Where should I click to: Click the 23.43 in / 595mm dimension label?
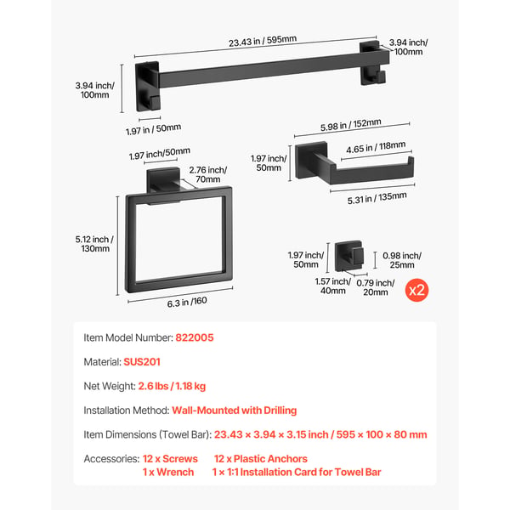point(263,41)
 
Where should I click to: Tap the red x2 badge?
point(416,290)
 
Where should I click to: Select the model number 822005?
point(195,337)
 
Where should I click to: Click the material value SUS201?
point(142,362)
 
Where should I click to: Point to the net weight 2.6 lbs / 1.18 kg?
point(172,386)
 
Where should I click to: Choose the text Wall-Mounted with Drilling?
point(235,411)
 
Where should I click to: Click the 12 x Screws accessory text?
point(170,459)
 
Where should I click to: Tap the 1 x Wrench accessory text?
point(168,473)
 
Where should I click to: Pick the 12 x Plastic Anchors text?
point(261,459)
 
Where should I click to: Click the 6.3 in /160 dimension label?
point(187,302)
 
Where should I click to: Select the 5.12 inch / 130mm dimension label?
point(94,244)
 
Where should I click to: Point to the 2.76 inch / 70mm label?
point(208,174)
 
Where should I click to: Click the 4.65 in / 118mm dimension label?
point(376,147)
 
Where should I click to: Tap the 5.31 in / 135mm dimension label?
point(377,198)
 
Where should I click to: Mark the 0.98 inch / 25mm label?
point(402,260)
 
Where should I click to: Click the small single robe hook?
point(349,256)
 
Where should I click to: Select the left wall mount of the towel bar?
point(148,86)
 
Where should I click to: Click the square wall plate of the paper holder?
point(311,161)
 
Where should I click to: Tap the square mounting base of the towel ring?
point(163,180)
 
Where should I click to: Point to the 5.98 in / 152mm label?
point(350,125)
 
